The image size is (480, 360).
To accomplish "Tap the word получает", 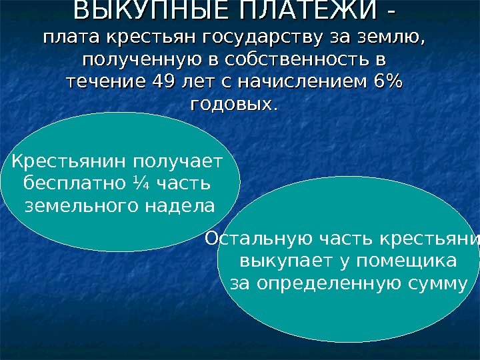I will click(178, 161).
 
